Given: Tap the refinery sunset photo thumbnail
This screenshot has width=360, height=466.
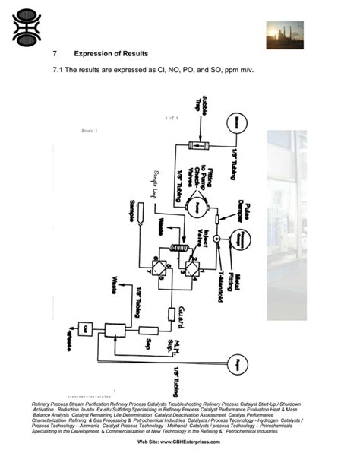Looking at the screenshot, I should (283, 33).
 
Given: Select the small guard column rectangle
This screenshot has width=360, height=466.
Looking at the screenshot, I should (171, 314).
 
